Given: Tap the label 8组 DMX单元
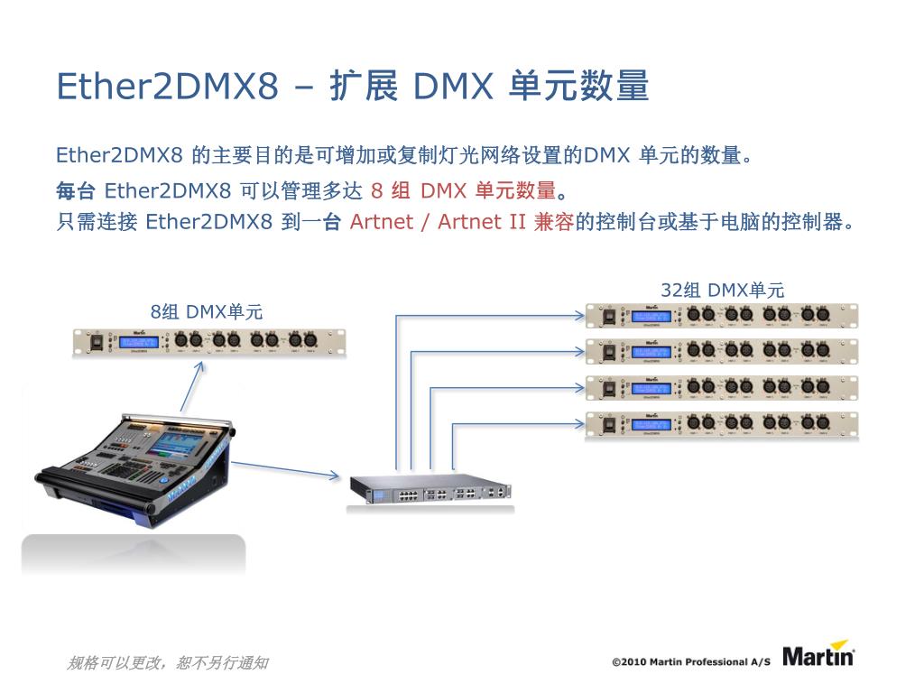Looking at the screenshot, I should pyautogui.click(x=207, y=312).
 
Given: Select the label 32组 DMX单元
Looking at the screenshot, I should pyautogui.click(x=722, y=290).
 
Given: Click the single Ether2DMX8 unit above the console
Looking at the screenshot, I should pyautogui.click(x=208, y=342).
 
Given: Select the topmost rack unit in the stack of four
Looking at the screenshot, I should pyautogui.click(x=722, y=315).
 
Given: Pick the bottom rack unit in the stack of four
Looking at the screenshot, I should pyautogui.click(x=722, y=424).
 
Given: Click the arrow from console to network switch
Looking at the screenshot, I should pyautogui.click(x=284, y=469).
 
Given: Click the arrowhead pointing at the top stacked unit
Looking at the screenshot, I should pyautogui.click(x=580, y=315).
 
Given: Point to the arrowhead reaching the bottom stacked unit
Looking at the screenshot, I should pyautogui.click(x=580, y=421).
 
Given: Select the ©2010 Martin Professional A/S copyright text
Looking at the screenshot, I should pyautogui.click(x=691, y=662).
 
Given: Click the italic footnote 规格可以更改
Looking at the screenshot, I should pyautogui.click(x=168, y=663).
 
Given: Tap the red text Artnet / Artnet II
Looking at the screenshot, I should pyautogui.click(x=438, y=222).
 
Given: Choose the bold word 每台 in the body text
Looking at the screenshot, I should pyautogui.click(x=75, y=191).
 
